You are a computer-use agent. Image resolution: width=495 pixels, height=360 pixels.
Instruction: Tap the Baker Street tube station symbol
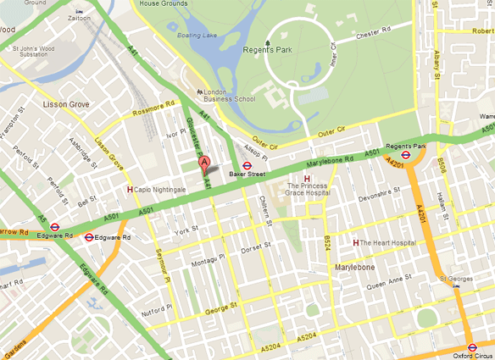[x=247, y=166]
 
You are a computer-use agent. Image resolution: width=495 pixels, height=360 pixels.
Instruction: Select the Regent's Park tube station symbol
[x=406, y=156]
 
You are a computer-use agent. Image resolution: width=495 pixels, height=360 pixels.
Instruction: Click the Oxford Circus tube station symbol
[x=472, y=346]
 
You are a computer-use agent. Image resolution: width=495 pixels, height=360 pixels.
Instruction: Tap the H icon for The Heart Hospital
[x=355, y=243]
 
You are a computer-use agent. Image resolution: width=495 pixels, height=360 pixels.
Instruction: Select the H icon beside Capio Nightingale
[x=130, y=190]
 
